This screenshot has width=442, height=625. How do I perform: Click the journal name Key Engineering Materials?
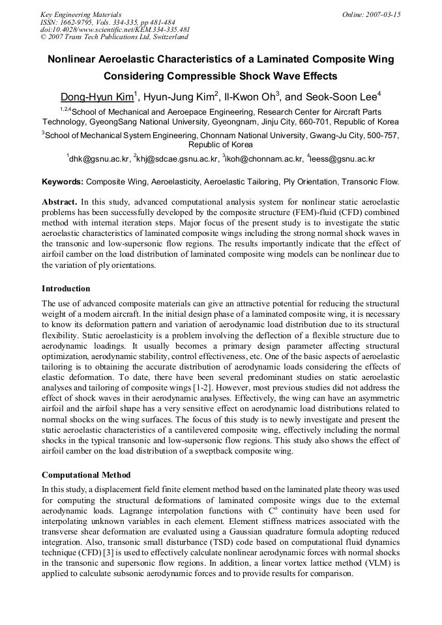point(81,14)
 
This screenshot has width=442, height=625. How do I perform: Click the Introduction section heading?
point(66,289)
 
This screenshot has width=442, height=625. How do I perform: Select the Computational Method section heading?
point(86,474)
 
